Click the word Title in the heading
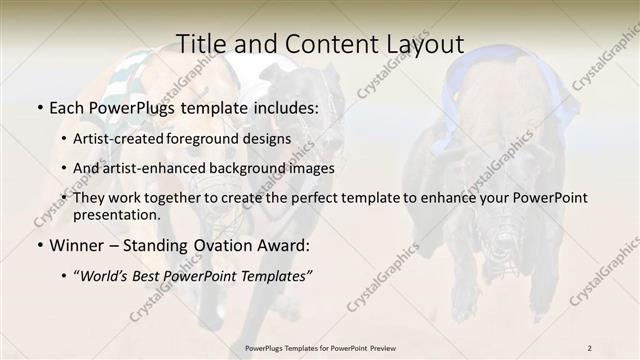click(x=200, y=44)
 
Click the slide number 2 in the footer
click(x=590, y=347)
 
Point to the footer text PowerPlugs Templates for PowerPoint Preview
click(x=320, y=347)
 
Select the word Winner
click(x=78, y=244)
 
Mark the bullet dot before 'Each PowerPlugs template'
click(x=38, y=106)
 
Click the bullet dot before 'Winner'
click(x=38, y=245)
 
